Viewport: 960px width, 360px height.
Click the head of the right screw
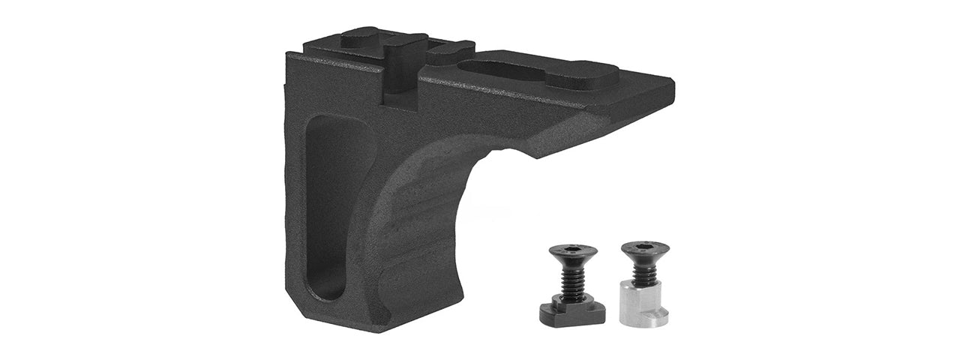click(x=644, y=250)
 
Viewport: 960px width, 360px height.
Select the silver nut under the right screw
click(x=643, y=304)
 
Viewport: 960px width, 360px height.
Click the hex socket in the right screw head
click(x=645, y=245)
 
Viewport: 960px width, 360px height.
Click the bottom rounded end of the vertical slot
click(x=328, y=289)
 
